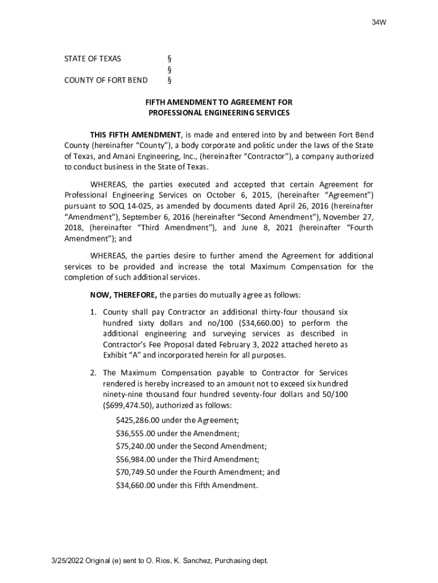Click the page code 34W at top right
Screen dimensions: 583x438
point(379,23)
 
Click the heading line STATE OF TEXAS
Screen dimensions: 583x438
point(92,59)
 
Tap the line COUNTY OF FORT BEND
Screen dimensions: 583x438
point(106,80)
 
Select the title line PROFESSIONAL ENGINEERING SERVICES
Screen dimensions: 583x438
point(219,113)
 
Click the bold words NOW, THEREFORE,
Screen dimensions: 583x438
point(123,295)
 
